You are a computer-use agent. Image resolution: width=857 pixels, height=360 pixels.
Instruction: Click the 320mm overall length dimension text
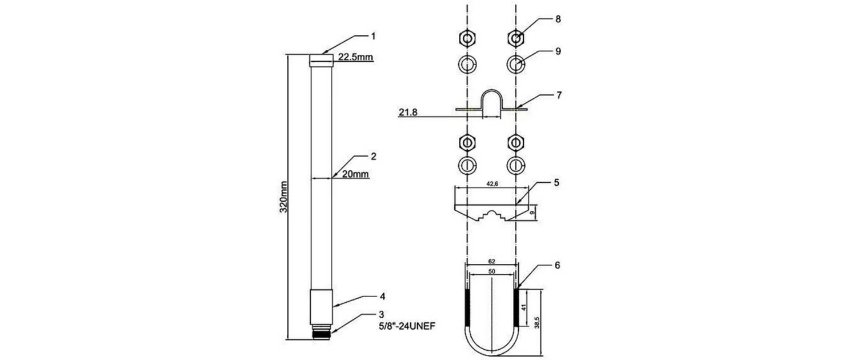283,197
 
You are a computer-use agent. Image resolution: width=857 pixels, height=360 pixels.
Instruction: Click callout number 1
373,36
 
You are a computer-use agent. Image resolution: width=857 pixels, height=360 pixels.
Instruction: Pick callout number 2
373,155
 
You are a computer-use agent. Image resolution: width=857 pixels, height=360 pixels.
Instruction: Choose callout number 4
382,297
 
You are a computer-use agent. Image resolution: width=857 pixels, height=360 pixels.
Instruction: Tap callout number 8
558,19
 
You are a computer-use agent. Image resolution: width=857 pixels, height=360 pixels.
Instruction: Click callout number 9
558,51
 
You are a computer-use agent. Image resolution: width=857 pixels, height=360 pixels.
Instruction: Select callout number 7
558,94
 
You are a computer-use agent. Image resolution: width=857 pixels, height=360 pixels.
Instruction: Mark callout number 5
556,183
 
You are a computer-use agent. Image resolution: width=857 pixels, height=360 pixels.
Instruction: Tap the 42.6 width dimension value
492,184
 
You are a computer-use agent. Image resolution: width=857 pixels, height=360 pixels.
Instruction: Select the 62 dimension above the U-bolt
492,261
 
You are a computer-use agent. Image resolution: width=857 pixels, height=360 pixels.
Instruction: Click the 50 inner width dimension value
492,273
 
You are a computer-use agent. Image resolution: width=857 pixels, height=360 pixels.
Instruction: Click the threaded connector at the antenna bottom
321,331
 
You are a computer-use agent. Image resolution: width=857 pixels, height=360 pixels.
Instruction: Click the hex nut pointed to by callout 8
516,38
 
